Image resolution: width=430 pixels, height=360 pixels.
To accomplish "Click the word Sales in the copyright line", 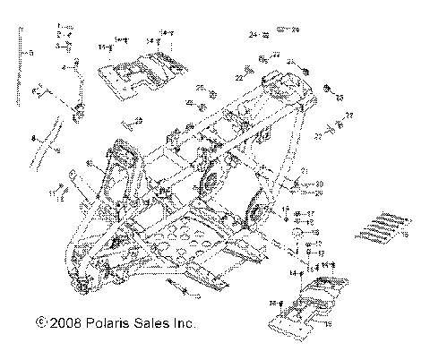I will pyautogui.click(x=153, y=321).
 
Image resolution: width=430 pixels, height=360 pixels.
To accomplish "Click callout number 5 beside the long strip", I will pyautogui.click(x=30, y=54).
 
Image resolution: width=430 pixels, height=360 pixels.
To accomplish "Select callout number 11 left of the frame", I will pyautogui.click(x=50, y=192).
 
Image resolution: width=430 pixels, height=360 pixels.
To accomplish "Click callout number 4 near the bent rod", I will pyautogui.click(x=64, y=66).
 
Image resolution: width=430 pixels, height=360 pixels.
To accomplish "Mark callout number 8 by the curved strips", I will pyautogui.click(x=32, y=139).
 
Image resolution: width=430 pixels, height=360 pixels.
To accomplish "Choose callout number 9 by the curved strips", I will pyautogui.click(x=59, y=153).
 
